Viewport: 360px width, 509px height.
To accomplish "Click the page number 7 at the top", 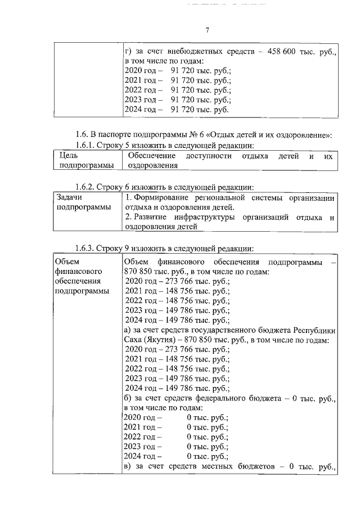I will pyautogui.click(x=208, y=29).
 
